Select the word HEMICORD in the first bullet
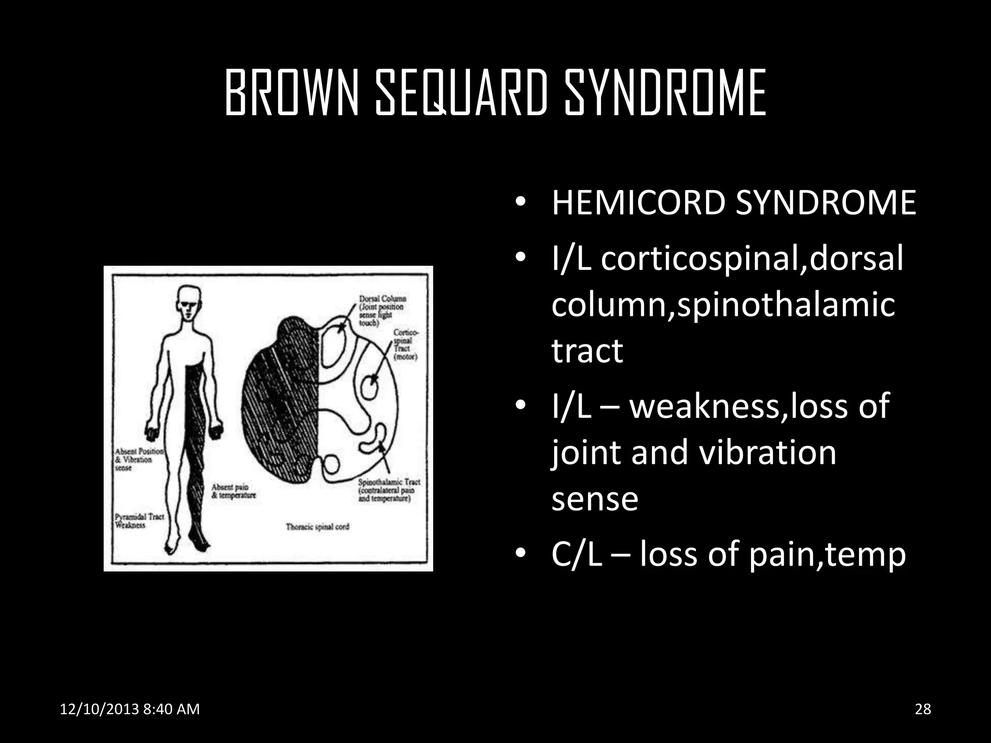tap(639, 203)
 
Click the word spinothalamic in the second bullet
tap(786, 305)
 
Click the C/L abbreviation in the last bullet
tap(576, 554)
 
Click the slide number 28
tap(923, 709)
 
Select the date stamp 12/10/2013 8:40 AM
tap(130, 709)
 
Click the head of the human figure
tap(188, 302)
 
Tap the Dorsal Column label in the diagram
tap(382, 310)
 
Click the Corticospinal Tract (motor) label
tap(405, 344)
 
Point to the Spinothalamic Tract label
tap(389, 490)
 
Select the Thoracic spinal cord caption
tap(317, 527)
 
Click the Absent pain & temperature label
tap(233, 491)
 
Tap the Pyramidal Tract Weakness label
tap(139, 521)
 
